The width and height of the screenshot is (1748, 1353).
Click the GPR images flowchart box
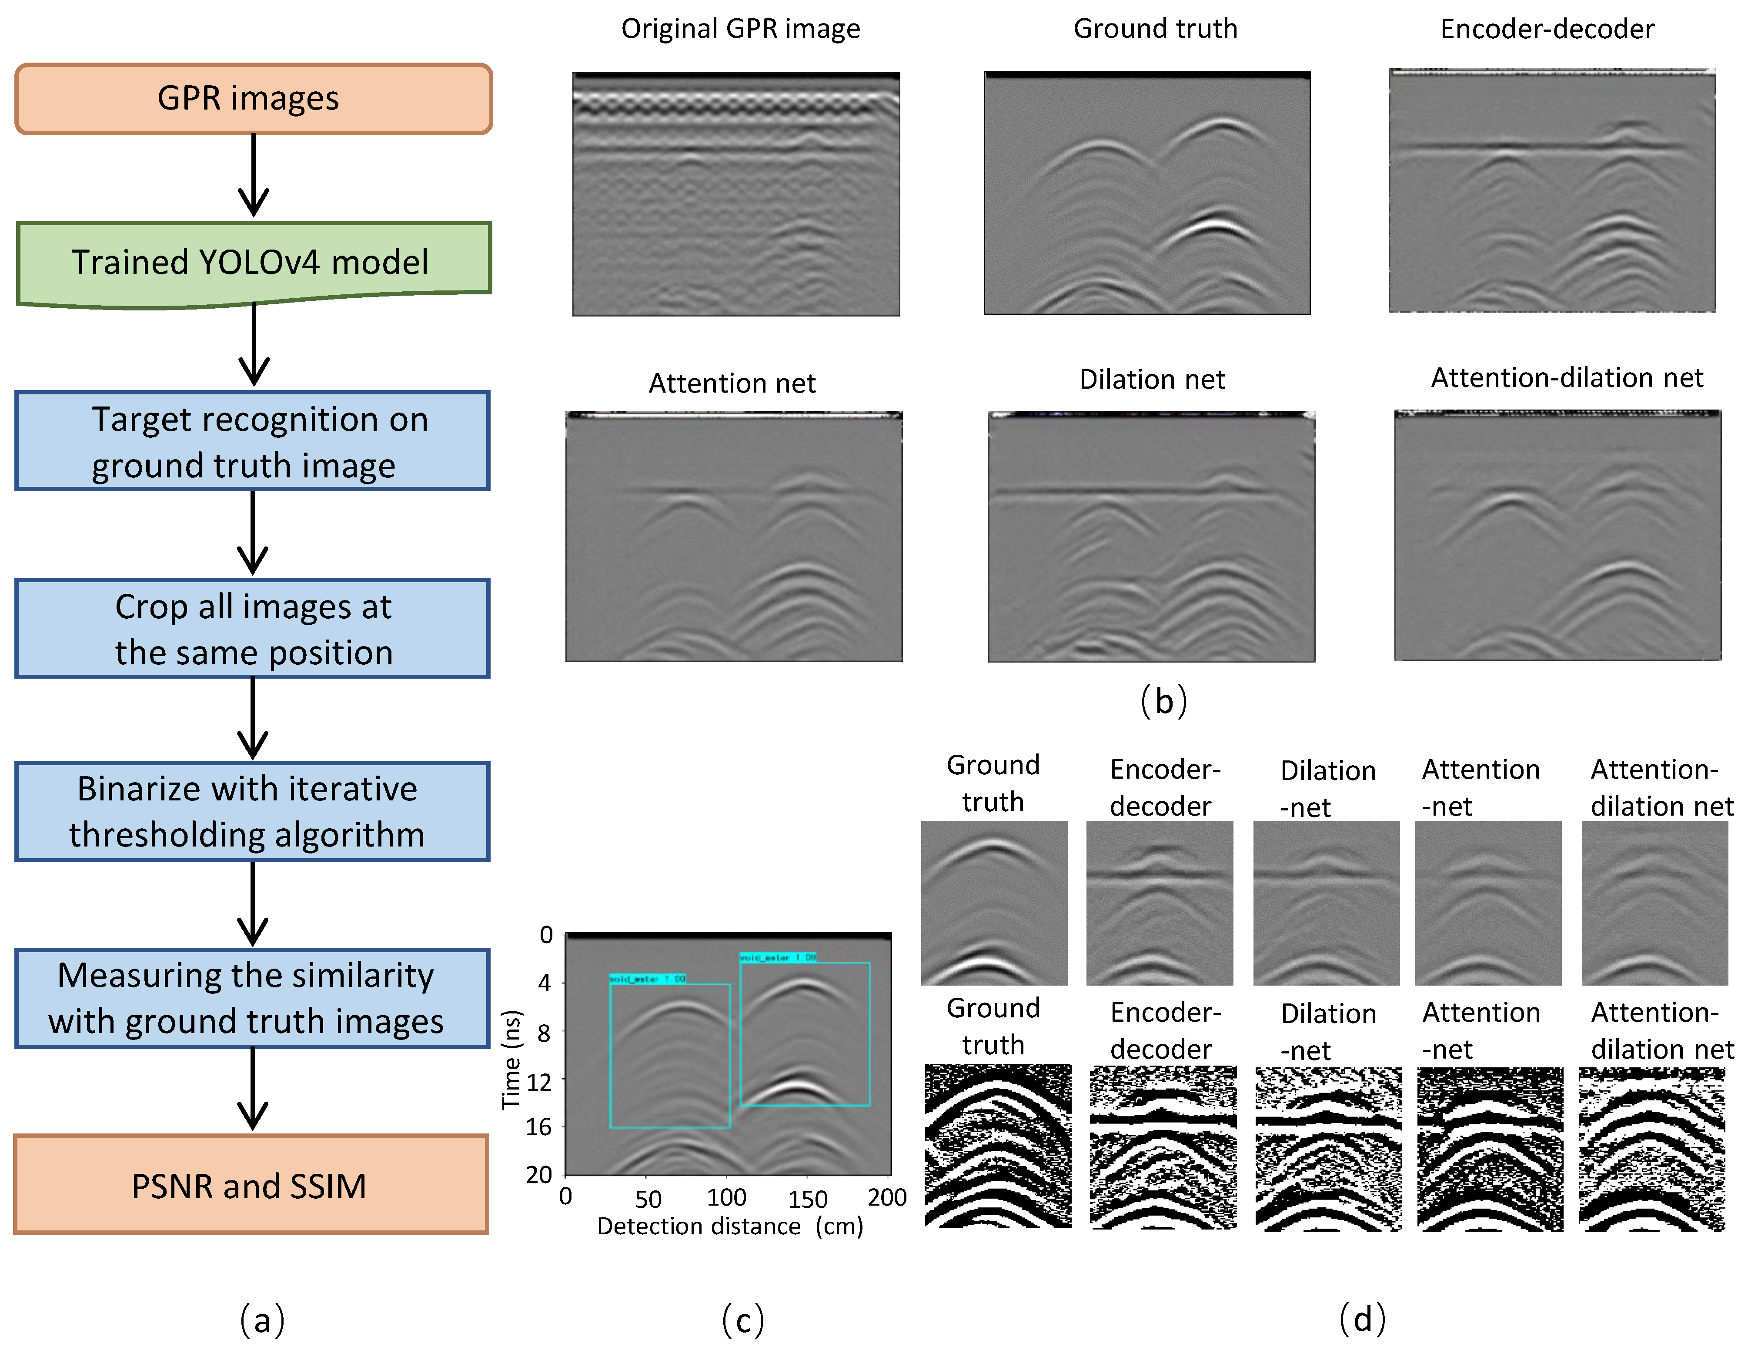[x=253, y=98]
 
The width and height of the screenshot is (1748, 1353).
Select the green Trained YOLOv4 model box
[x=253, y=263]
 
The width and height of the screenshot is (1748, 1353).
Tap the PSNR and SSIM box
[x=251, y=1185]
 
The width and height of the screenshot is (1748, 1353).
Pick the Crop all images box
[x=252, y=629]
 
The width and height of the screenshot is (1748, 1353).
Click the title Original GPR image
[x=740, y=29]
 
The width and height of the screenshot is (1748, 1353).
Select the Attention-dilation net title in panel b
[x=1566, y=378]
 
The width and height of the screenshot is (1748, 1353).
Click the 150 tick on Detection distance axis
[x=807, y=1199]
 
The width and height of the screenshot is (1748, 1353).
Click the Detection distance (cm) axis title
[x=729, y=1226]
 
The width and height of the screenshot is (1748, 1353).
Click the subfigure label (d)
[x=1362, y=1318]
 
